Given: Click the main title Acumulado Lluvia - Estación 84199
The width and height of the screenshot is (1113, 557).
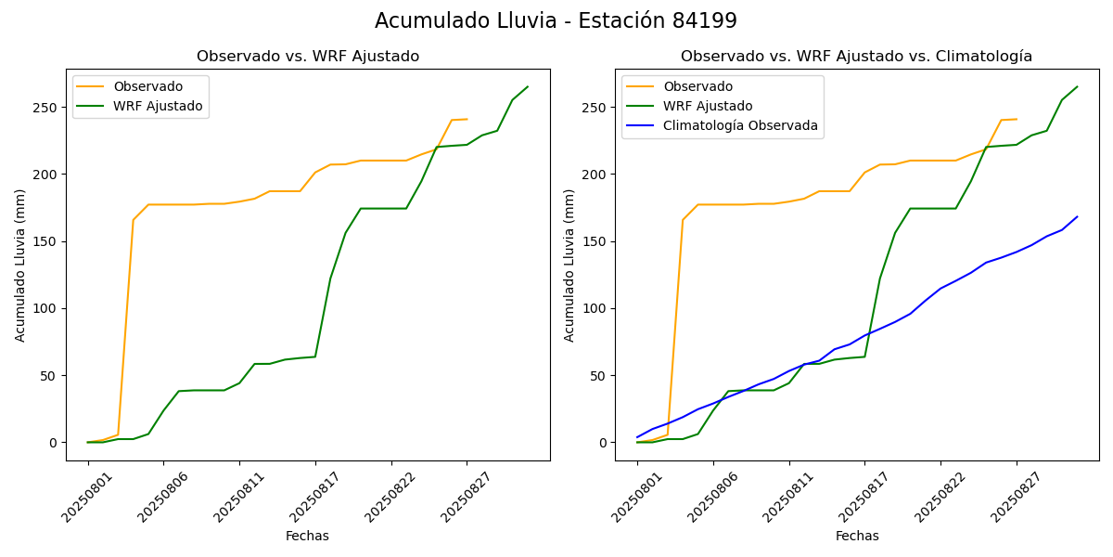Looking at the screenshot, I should point(556,21).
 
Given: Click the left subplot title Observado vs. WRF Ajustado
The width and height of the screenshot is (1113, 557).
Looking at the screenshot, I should point(307,57).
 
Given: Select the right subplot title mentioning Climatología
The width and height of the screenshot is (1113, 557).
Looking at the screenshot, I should point(856,57).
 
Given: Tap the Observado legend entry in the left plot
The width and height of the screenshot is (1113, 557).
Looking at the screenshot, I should point(148,87).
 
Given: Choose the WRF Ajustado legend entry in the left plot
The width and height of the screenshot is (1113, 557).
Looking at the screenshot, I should point(158,106).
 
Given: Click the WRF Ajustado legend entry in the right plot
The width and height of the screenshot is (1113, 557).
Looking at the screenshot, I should point(708,106).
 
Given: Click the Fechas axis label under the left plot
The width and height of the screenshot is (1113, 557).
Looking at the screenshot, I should point(307,537).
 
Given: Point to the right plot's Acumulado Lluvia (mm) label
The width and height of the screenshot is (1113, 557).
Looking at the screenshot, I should point(569,265).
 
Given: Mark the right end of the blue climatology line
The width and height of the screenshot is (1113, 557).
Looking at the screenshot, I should point(1077,216).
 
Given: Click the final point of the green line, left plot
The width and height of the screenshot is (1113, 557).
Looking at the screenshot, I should point(528,87).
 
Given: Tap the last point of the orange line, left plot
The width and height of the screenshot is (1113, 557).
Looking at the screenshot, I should point(467,119).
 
